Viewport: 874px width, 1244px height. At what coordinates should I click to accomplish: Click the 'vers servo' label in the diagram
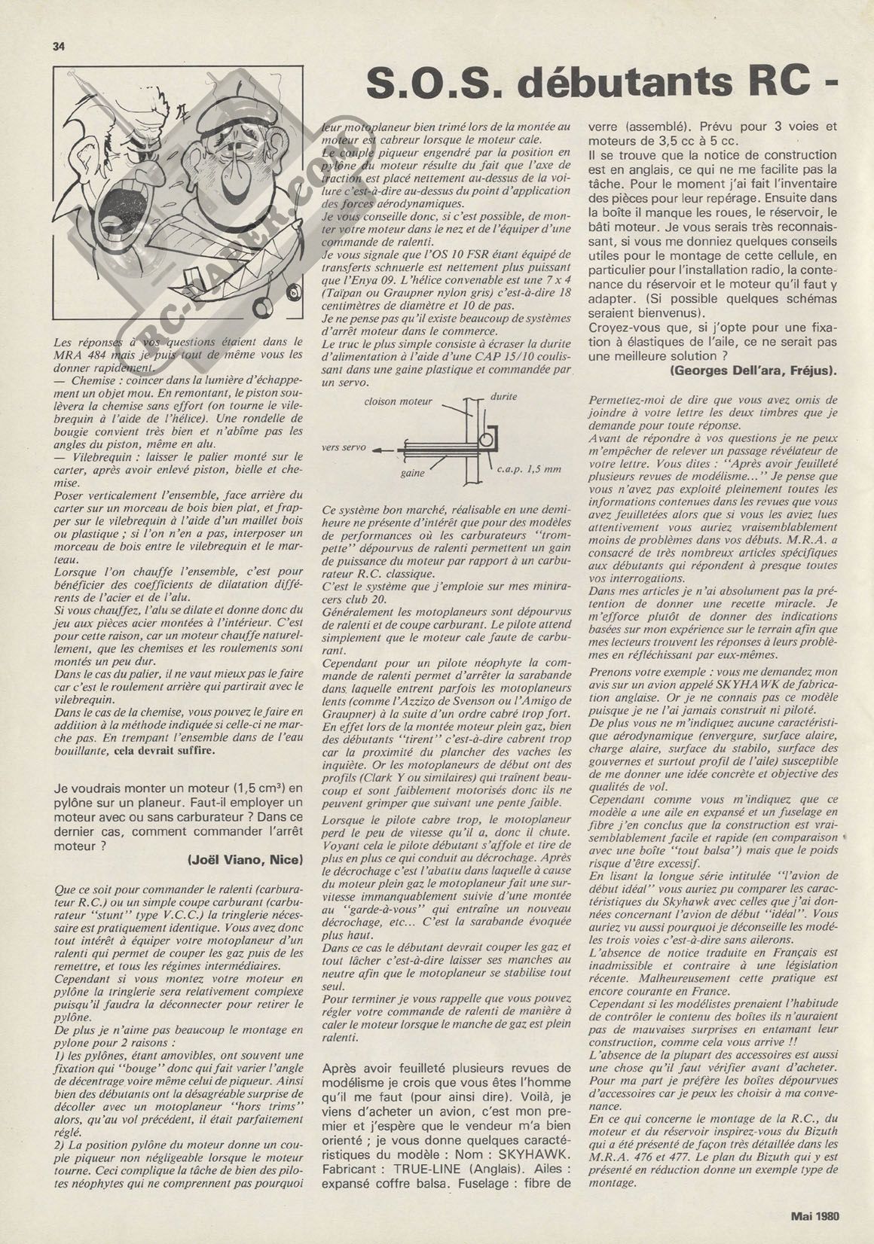(x=344, y=447)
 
